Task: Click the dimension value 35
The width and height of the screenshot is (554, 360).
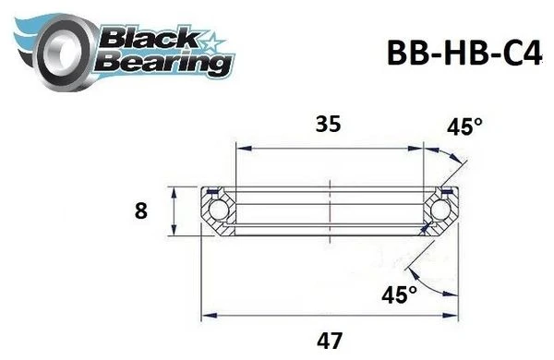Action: pos(328,125)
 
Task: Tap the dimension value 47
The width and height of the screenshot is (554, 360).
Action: pos(330,341)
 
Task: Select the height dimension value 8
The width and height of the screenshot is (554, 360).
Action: pos(140,211)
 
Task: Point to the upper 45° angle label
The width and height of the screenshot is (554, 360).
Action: pos(464,126)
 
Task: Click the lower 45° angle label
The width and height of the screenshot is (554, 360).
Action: pos(399,294)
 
